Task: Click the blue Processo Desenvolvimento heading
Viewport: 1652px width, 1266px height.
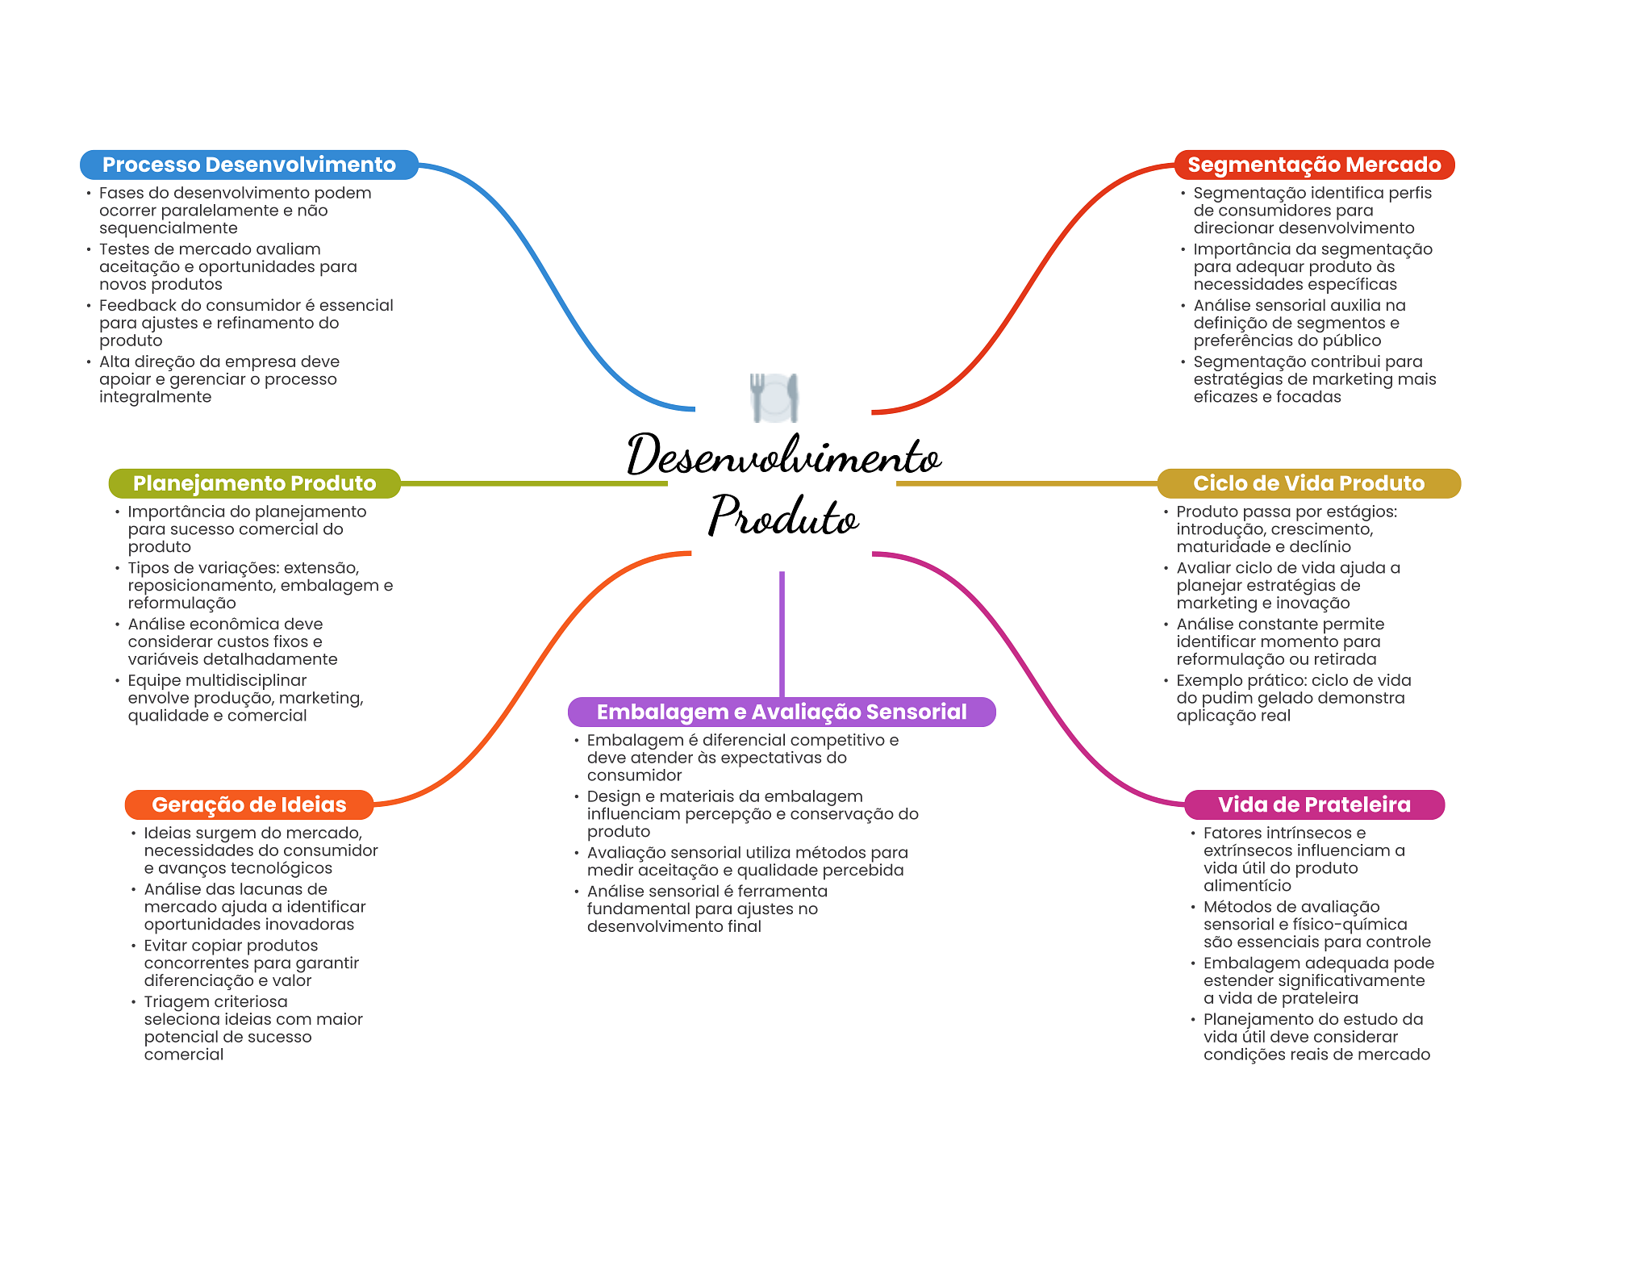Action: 248,165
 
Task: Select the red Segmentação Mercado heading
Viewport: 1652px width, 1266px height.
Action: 1314,165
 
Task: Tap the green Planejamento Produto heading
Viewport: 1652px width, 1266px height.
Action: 254,483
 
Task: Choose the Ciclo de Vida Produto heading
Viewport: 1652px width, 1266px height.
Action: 1308,483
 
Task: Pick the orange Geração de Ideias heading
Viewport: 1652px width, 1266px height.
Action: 248,804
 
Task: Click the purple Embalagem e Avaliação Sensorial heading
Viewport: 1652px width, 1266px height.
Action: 781,712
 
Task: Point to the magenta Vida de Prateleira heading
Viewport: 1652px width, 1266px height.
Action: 1314,804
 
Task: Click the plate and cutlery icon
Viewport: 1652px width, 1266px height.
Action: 774,397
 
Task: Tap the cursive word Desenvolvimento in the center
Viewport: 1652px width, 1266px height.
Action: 783,456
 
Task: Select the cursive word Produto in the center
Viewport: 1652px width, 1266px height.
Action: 783,516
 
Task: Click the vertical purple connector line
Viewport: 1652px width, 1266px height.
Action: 782,633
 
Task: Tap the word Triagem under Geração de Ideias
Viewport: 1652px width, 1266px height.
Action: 175,1001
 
